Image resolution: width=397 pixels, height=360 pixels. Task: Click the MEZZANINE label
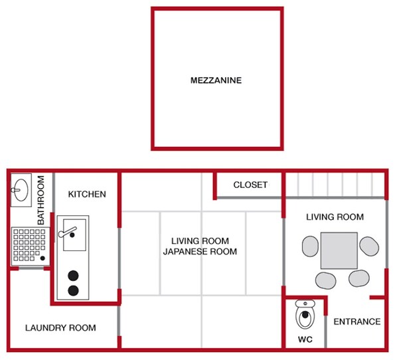216,81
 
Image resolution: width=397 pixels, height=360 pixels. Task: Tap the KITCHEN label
87,194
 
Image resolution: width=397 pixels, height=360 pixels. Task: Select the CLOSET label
250,185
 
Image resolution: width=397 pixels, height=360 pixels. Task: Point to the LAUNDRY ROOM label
60,327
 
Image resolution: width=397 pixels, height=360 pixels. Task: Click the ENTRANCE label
357,321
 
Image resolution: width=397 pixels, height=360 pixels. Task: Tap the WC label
305,339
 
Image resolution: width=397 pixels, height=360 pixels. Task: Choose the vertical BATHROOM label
40,199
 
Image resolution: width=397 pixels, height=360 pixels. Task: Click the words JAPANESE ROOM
200,252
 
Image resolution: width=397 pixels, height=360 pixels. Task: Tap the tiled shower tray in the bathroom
28,244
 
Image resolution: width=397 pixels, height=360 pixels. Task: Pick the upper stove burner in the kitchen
73,276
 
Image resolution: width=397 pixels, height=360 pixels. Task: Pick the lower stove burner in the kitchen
73,290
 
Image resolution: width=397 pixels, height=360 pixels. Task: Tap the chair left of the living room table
310,248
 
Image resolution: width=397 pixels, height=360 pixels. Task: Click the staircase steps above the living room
335,183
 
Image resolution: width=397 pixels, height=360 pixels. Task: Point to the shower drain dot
43,258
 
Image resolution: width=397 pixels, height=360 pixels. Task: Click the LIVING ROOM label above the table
335,217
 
